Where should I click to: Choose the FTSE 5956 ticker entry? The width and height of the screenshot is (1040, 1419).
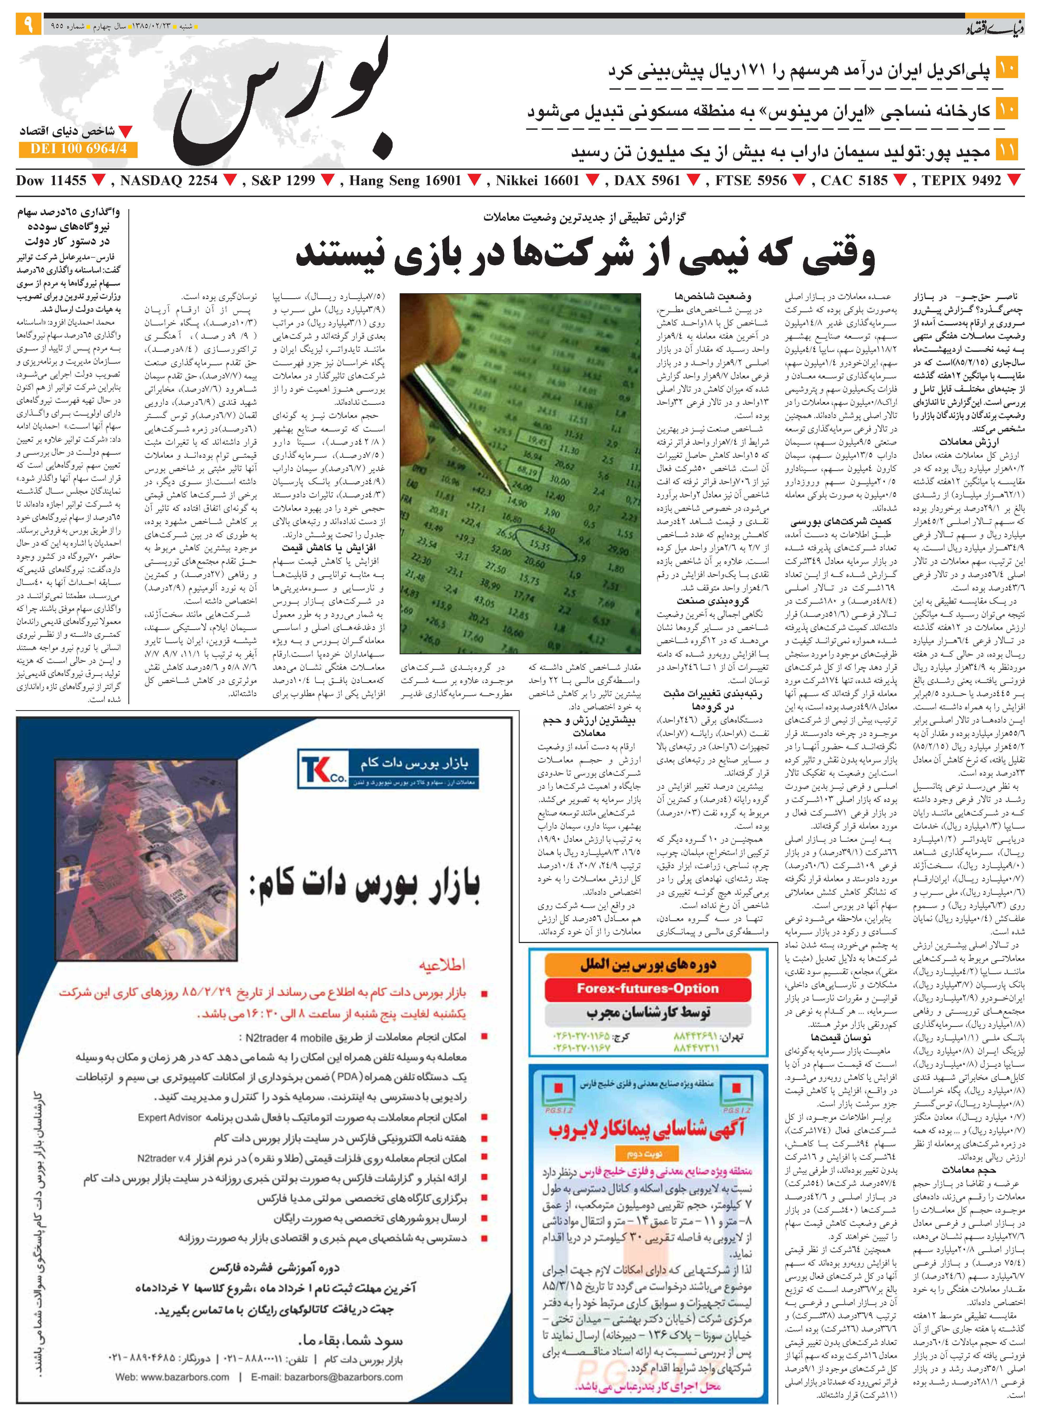pos(751,181)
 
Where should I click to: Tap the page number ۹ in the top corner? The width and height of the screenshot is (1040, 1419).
pos(28,25)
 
